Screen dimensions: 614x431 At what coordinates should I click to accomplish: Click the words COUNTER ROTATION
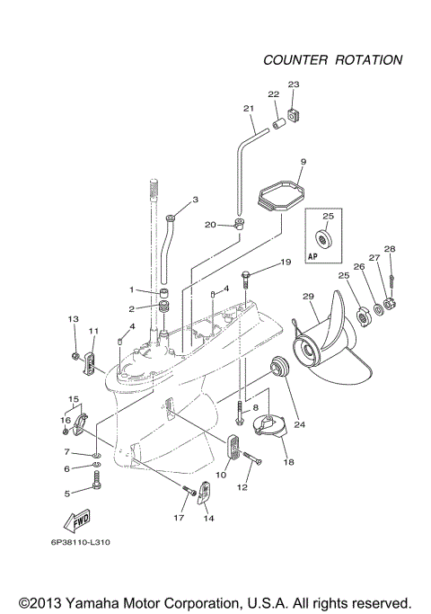point(332,60)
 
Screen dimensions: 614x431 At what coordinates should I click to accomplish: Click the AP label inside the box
point(315,256)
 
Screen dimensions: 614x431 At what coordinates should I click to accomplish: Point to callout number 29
point(308,298)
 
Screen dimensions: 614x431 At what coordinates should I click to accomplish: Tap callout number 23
point(293,85)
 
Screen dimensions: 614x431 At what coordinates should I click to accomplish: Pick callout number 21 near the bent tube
point(249,108)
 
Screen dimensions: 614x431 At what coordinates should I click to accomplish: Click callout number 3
point(195,199)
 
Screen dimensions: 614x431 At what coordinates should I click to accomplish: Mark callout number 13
point(74,319)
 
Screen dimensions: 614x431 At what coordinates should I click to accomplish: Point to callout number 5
point(66,493)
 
